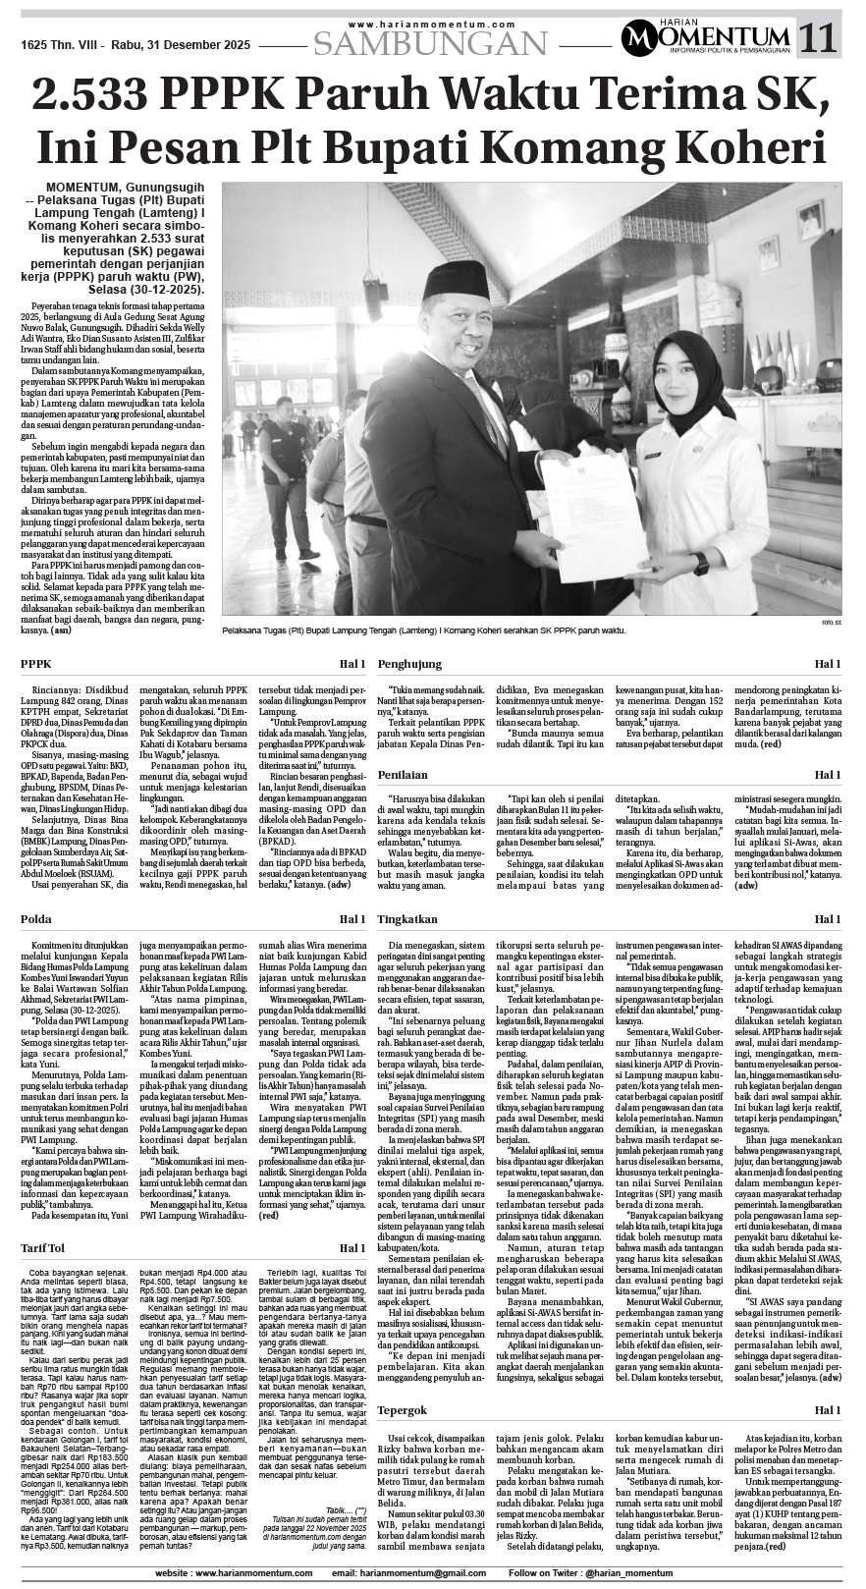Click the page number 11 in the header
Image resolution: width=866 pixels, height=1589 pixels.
pyautogui.click(x=818, y=38)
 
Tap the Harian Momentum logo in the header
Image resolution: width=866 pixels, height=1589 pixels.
pyautogui.click(x=705, y=39)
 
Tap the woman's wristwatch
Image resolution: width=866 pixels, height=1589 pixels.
pyautogui.click(x=700, y=564)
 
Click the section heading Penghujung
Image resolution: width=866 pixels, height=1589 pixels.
pyautogui.click(x=410, y=665)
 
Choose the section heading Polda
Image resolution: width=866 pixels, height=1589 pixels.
pyautogui.click(x=37, y=918)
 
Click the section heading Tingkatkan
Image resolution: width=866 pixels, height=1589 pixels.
pyautogui.click(x=407, y=918)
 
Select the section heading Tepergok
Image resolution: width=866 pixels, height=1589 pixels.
pyautogui.click(x=405, y=1410)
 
